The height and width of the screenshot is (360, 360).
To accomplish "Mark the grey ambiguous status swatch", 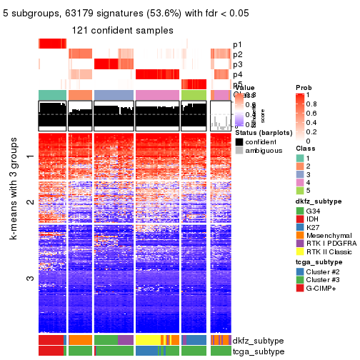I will click(x=239, y=151).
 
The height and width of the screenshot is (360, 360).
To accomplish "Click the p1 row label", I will click(x=237, y=44).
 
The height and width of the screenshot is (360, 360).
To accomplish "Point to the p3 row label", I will click(x=237, y=64).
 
